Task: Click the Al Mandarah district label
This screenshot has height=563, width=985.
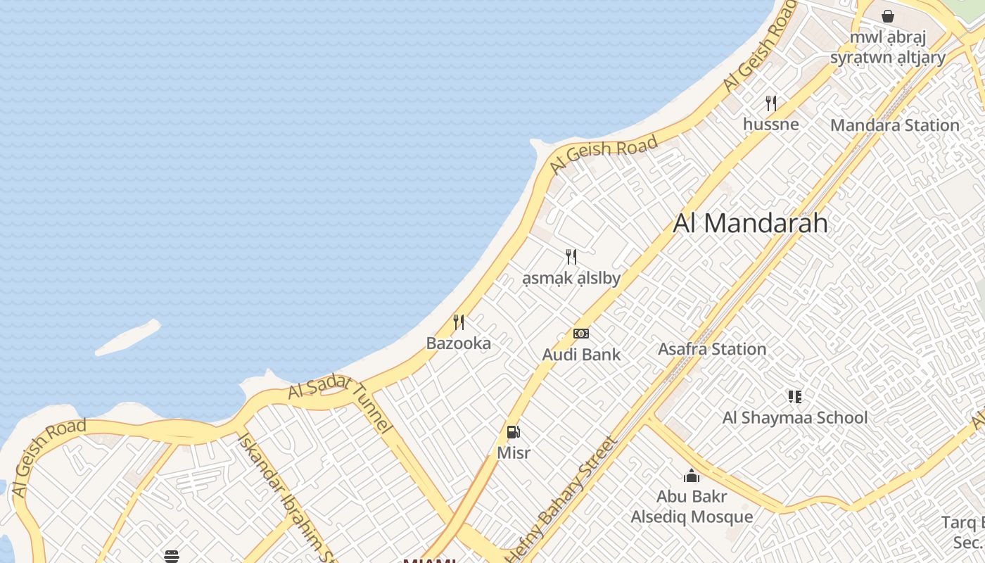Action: (750, 223)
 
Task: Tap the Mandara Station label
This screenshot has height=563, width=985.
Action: (894, 125)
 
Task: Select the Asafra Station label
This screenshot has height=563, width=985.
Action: (711, 349)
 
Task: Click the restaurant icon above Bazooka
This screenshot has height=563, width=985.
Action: (459, 322)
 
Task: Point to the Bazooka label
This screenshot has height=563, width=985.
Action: (459, 343)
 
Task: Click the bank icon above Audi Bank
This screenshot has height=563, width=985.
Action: (581, 334)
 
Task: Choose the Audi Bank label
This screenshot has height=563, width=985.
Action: (581, 355)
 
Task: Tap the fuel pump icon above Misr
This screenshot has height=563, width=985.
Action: (514, 432)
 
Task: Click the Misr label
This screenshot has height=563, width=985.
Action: (514, 453)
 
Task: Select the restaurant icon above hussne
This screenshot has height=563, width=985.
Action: (771, 103)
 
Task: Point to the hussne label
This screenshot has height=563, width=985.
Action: (771, 125)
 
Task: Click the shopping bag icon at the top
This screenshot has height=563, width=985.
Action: (888, 15)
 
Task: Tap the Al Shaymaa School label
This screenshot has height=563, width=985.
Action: (795, 417)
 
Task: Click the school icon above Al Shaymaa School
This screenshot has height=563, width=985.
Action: (795, 397)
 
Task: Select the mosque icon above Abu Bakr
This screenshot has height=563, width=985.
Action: (692, 476)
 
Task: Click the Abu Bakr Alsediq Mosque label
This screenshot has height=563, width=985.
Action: (692, 507)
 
